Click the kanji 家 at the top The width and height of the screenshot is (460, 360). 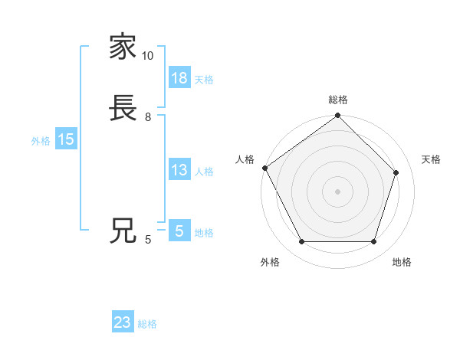[123, 47]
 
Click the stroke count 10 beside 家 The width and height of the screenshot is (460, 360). [148, 56]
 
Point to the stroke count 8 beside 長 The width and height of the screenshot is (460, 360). [148, 116]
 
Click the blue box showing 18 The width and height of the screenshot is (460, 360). [179, 78]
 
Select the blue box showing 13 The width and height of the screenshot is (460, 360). [179, 170]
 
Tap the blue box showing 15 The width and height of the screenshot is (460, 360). [66, 139]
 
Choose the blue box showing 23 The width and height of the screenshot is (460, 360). [123, 322]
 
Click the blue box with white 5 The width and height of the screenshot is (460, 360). [179, 231]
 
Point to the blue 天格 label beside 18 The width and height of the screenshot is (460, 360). [204, 80]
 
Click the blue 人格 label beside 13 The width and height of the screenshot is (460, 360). [204, 172]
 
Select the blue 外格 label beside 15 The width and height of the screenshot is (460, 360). [41, 141]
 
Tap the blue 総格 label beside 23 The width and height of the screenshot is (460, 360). [147, 324]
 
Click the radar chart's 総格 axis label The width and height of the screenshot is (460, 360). [338, 100]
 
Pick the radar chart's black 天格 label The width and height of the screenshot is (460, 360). [431, 159]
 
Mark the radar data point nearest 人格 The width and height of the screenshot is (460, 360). [264, 168]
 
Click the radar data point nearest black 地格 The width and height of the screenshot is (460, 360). [374, 242]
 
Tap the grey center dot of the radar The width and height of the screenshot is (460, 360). [337, 191]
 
